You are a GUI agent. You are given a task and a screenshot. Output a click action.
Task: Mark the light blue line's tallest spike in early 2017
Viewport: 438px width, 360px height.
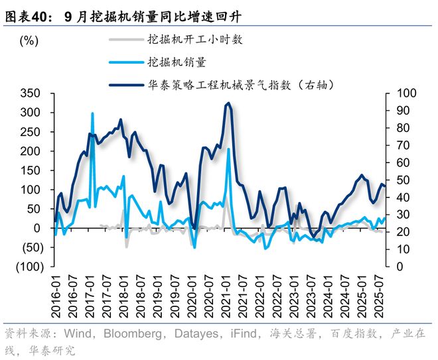coord(92,113)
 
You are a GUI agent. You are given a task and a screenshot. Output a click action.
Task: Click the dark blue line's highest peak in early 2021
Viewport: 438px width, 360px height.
coord(228,103)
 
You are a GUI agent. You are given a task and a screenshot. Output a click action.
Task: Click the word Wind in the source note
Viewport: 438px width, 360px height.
coord(68,333)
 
